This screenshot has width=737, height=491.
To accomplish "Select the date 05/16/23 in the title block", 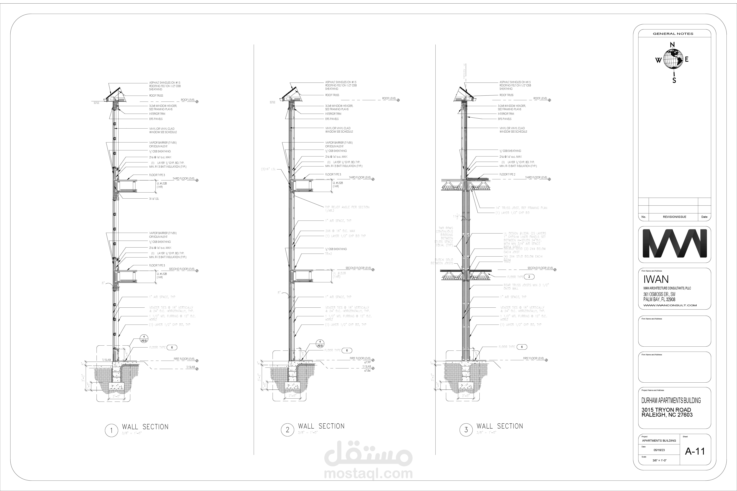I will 659,450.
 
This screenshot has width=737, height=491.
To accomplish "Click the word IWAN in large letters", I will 656,279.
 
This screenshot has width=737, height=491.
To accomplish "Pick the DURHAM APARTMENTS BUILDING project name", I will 671,400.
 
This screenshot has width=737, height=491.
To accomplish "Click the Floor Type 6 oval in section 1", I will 172,347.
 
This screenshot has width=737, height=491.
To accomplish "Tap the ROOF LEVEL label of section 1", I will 188,100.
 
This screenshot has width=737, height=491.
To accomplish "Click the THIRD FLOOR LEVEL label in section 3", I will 536,178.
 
